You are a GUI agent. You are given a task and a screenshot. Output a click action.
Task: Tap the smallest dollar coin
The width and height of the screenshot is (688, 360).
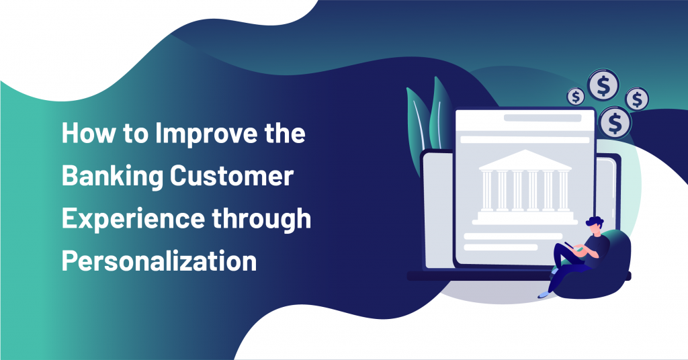point(576,97)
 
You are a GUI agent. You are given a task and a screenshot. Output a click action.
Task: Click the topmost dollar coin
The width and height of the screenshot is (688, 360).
point(602,85)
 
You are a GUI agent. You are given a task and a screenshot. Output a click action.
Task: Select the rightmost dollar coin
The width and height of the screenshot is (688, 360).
point(636,99)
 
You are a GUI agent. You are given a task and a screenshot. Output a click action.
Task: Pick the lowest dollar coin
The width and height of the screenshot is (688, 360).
point(613,122)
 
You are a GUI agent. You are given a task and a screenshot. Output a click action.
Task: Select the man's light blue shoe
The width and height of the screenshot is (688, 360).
point(544,294)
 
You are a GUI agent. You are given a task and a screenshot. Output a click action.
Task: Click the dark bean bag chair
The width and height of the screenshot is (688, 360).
point(605,269)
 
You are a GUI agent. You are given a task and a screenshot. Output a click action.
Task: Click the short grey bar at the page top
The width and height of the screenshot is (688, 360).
point(542,118)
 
